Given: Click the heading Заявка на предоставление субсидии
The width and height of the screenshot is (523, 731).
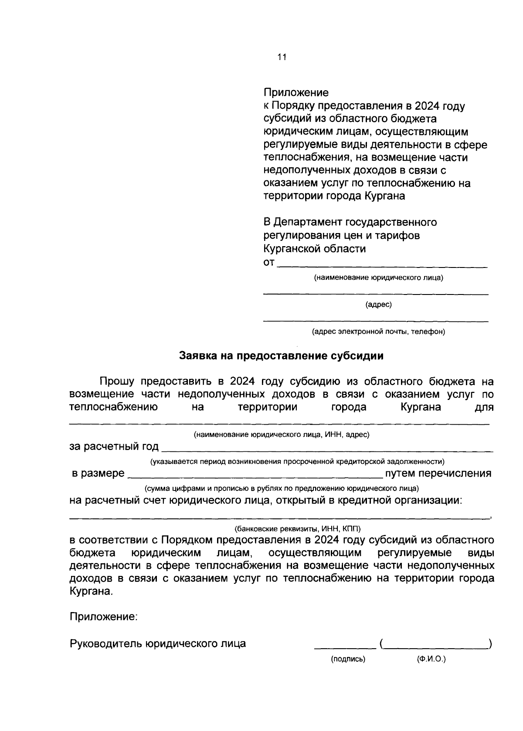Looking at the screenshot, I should pyautogui.click(x=281, y=356).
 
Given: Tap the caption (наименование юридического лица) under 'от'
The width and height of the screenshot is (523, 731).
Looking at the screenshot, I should pyautogui.click(x=378, y=278).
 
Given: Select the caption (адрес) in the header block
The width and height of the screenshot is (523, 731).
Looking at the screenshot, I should pyautogui.click(x=378, y=305).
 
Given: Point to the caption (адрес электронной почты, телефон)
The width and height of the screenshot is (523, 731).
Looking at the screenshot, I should pyautogui.click(x=378, y=332).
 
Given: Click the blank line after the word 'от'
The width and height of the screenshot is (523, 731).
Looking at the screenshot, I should pyautogui.click(x=382, y=265).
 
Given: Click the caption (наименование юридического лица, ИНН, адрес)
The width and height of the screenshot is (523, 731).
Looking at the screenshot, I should pyautogui.click(x=282, y=434).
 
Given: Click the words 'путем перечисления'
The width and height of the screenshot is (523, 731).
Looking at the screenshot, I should pyautogui.click(x=438, y=474).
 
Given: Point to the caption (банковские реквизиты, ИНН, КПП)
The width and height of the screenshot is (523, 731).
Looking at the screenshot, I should pyautogui.click(x=298, y=529).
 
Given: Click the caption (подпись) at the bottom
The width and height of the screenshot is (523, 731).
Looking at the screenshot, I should pyautogui.click(x=348, y=659).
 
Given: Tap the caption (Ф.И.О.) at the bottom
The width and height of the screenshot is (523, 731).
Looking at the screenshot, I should pyautogui.click(x=431, y=659).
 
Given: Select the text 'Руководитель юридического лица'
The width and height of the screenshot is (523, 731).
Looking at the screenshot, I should pyautogui.click(x=158, y=643).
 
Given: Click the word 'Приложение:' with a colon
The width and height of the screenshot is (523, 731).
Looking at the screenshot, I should pyautogui.click(x=104, y=616).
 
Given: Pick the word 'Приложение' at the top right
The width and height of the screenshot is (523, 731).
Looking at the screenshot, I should pyautogui.click(x=296, y=93).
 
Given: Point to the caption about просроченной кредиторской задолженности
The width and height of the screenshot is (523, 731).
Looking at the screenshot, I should pyautogui.click(x=297, y=461).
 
